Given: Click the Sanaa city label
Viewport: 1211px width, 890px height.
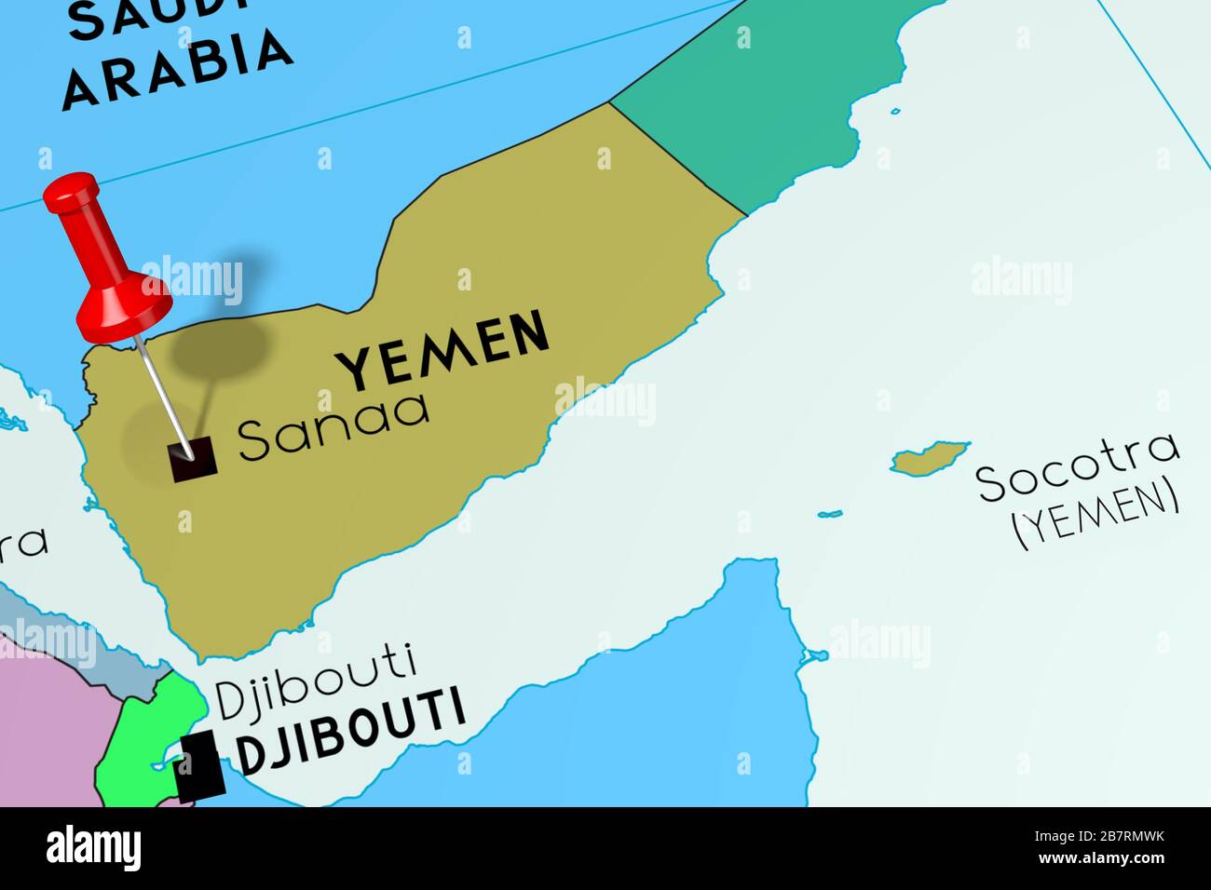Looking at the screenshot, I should [x=333, y=427].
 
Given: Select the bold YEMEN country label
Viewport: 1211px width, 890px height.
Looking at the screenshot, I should [x=442, y=350].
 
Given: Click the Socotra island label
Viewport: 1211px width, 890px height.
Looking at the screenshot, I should [x=1077, y=465].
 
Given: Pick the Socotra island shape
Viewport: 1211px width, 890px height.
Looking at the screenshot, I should [x=930, y=459].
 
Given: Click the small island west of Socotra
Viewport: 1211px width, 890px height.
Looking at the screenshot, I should [x=829, y=513].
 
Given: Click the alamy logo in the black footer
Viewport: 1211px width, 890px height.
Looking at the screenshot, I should [x=94, y=849].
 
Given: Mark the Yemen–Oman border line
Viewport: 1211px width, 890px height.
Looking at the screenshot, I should [x=678, y=158].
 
